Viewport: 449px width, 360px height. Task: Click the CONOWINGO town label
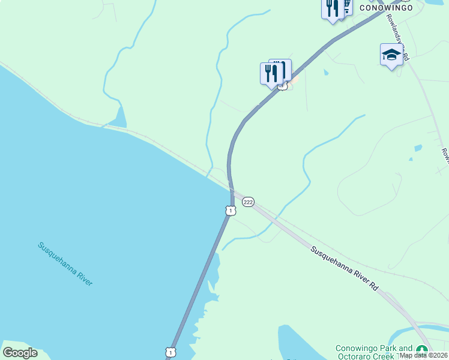[x=386, y=8]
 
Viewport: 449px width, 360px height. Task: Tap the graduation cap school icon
[x=391, y=55]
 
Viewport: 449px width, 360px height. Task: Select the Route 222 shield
[x=248, y=202]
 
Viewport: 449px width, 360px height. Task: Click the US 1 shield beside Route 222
[x=231, y=211]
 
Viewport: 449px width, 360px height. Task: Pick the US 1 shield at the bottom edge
[x=171, y=353]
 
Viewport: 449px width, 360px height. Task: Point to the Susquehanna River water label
[x=65, y=263]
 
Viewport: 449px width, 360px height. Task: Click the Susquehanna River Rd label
[x=345, y=269]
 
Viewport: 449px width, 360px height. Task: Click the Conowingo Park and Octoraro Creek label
[x=374, y=352]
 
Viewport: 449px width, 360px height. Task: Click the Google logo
[x=20, y=352]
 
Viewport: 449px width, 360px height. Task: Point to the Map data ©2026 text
[x=423, y=355]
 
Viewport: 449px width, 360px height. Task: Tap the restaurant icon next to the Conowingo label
[x=331, y=8]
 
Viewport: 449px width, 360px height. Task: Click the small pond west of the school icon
[x=325, y=73]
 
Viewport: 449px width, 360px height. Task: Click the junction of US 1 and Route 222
[x=232, y=191]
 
